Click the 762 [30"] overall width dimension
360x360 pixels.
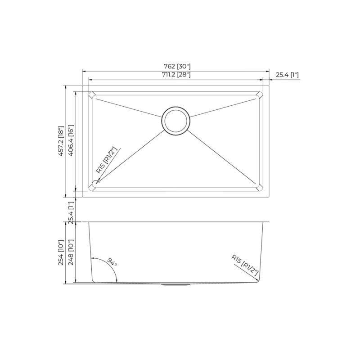175,66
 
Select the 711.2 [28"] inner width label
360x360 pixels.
175,75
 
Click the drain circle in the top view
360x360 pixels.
176,121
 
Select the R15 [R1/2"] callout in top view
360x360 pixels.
106,160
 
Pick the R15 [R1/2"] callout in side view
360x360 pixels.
245,266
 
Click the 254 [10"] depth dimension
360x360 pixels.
62,252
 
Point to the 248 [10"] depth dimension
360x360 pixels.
71,252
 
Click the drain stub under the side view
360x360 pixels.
176,285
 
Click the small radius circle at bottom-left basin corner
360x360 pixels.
94,184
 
